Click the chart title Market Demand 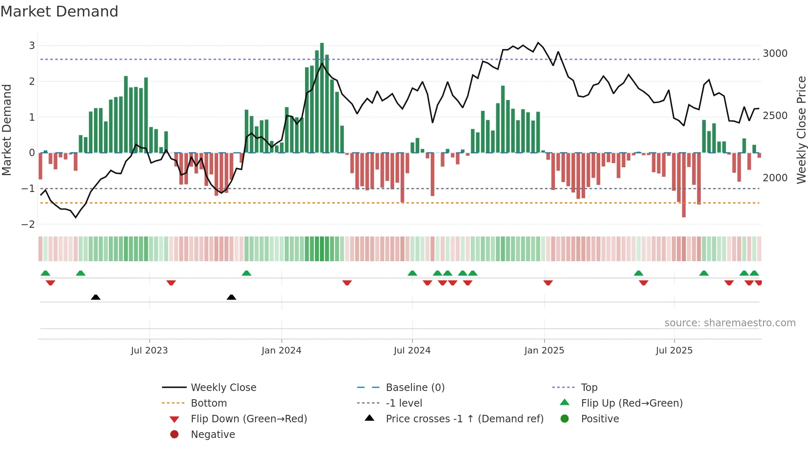pos(59,12)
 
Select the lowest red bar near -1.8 pos(684,185)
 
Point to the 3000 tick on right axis pos(775,54)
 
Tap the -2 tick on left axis pos(28,225)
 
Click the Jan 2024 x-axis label pos(282,351)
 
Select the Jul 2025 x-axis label pos(674,351)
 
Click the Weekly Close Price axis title pos(801,130)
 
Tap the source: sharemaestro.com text pos(730,323)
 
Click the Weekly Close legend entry pos(223,388)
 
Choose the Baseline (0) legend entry pos(415,388)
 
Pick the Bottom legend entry pos(209,403)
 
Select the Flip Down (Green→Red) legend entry pos(249,419)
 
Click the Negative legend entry pos(213,435)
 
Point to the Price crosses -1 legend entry pos(464,419)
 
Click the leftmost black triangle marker pos(96,297)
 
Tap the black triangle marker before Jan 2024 pos(231,297)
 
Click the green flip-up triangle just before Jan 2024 pos(247,273)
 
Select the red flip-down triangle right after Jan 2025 pos(548,283)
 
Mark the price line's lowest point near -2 pos(75,217)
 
